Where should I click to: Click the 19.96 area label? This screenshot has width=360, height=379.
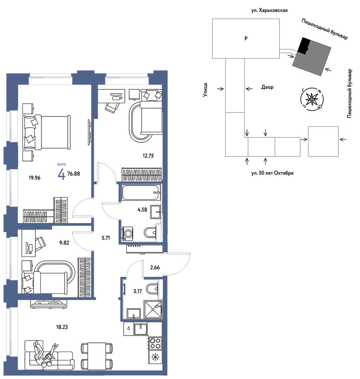(34, 178)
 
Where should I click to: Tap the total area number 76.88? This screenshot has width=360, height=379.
(73, 174)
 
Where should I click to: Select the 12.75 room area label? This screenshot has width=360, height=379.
(148, 156)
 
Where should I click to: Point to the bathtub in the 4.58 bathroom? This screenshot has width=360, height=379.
(141, 192)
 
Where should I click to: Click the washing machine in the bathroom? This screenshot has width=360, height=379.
(128, 233)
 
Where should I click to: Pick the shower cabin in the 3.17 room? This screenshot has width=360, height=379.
(153, 310)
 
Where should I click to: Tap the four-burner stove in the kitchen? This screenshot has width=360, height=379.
(155, 343)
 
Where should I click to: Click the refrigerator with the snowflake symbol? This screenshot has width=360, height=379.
(155, 357)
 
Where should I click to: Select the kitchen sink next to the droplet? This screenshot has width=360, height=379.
(141, 329)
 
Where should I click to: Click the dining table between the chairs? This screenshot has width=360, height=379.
(96, 356)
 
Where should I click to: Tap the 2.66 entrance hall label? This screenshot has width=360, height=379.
(155, 267)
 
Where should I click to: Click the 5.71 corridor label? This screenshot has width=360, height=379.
(106, 238)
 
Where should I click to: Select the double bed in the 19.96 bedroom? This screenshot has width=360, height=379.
(46, 132)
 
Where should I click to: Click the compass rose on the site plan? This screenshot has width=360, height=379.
(312, 99)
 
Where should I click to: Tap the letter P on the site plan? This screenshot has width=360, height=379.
(246, 39)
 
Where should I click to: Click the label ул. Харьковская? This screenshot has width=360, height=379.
(269, 11)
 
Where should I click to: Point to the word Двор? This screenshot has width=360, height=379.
(267, 87)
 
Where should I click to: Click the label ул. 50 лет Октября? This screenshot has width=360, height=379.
(272, 173)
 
